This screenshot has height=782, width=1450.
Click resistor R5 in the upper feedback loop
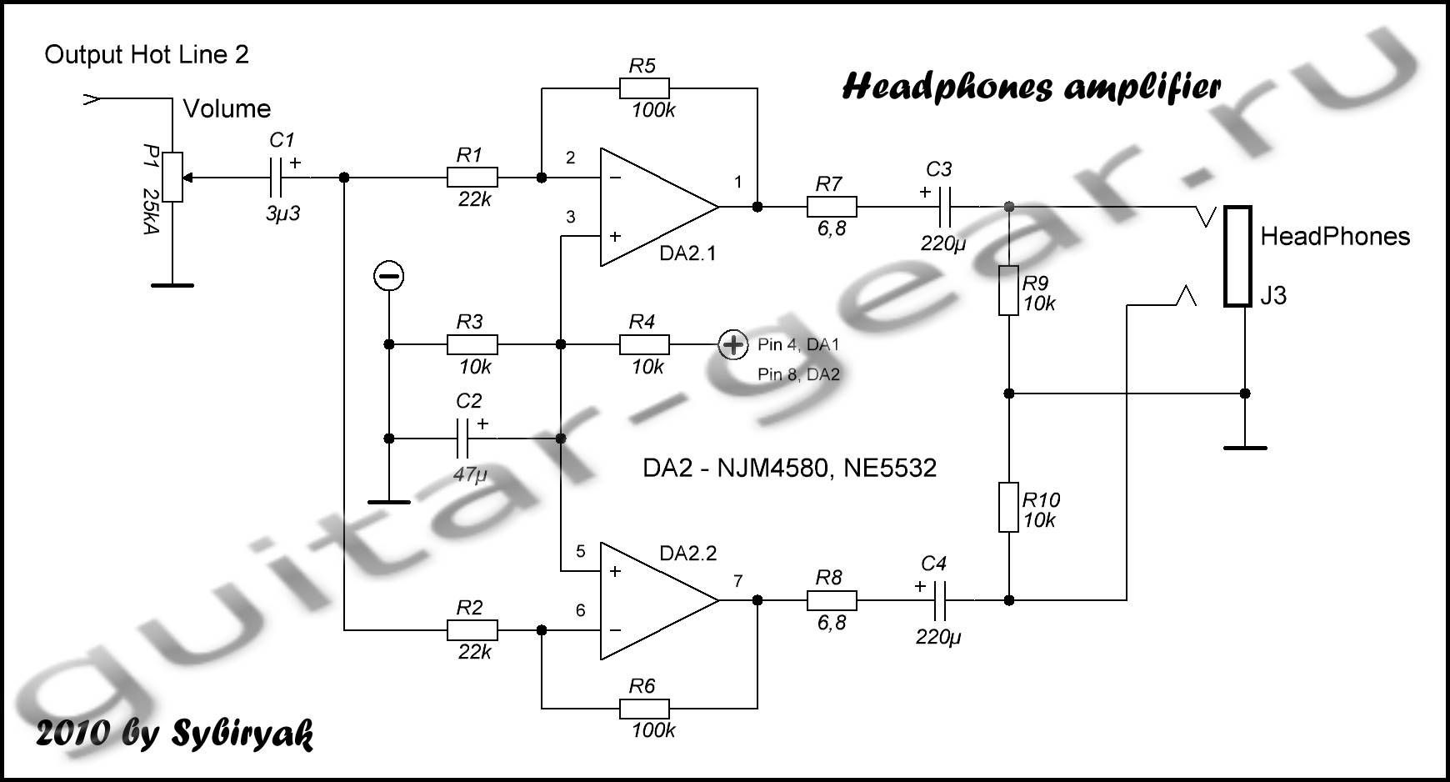(x=643, y=88)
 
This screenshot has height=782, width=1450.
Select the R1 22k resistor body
(x=472, y=178)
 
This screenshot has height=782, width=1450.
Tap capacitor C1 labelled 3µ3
(x=278, y=178)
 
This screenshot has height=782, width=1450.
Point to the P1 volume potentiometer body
(x=172, y=177)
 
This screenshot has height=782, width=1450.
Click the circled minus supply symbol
(x=388, y=276)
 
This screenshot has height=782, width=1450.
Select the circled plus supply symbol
(x=733, y=344)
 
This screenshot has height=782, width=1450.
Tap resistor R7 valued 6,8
(x=831, y=206)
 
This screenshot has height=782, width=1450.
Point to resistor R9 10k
(x=1008, y=290)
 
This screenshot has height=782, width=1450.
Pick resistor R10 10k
(x=1008, y=507)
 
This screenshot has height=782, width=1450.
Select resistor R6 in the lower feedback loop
(x=643, y=709)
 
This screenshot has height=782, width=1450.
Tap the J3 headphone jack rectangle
(x=1238, y=256)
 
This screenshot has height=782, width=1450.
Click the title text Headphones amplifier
(x=1032, y=88)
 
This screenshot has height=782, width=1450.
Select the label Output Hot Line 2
(x=147, y=55)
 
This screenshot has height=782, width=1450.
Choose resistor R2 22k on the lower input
(x=472, y=630)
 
